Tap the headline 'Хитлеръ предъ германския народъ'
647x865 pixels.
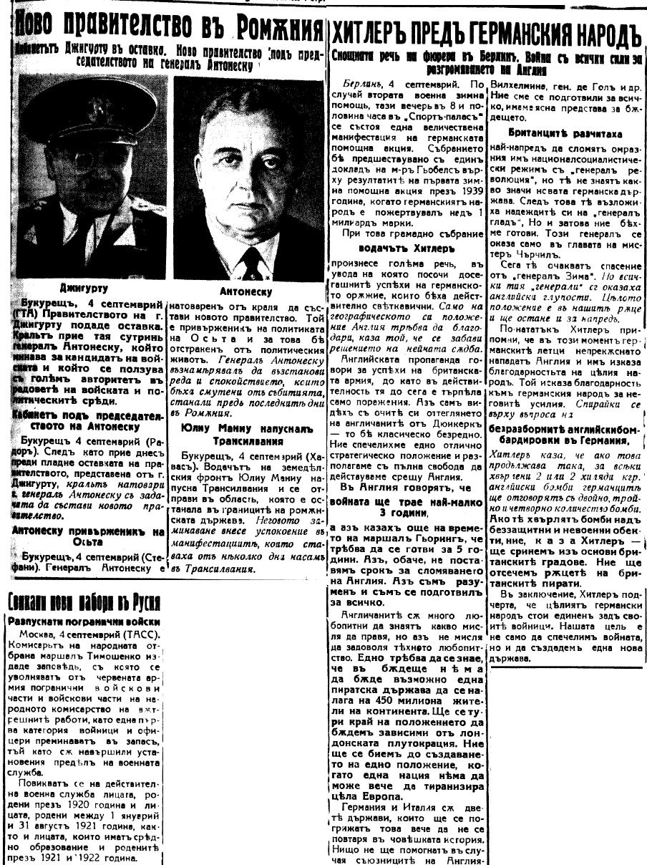click(x=487, y=33)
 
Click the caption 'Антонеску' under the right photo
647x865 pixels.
click(x=247, y=291)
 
